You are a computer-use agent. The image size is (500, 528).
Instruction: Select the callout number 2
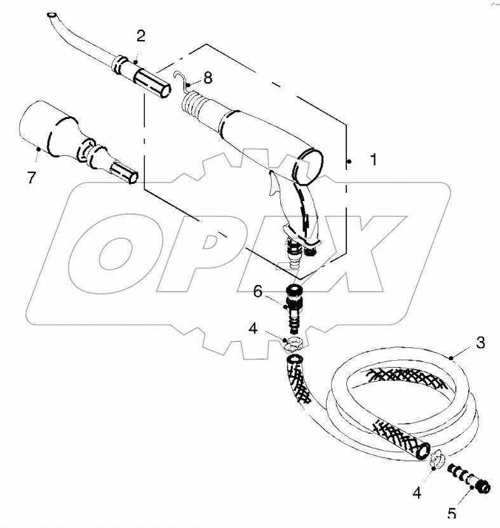pyautogui.click(x=140, y=36)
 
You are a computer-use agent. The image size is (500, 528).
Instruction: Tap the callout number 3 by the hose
pyautogui.click(x=480, y=344)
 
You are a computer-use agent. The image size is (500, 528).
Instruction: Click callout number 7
pyautogui.click(x=30, y=178)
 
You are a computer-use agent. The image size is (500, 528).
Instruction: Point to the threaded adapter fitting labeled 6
pyautogui.click(x=294, y=309)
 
